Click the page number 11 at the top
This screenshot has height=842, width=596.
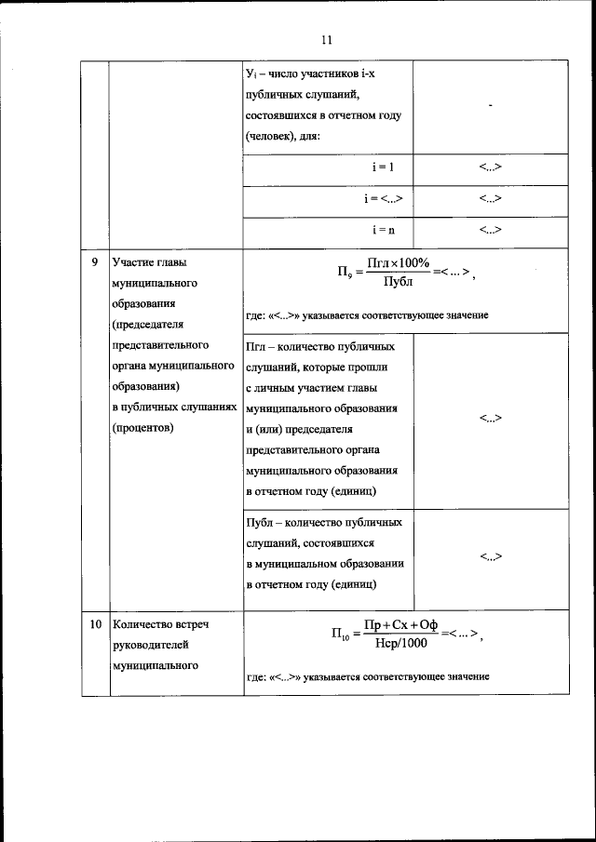pos(325,39)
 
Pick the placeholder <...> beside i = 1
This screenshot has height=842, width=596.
pos(491,167)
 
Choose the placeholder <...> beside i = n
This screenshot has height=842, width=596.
pos(491,229)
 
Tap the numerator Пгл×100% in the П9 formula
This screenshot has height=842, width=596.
pos(398,263)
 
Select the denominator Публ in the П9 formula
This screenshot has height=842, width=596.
pos(398,282)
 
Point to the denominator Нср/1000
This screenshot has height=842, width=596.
pos(401,643)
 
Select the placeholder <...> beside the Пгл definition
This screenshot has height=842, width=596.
pos(491,419)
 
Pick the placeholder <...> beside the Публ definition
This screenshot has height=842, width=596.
pos(491,556)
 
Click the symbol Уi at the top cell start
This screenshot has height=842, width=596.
pos(251,74)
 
